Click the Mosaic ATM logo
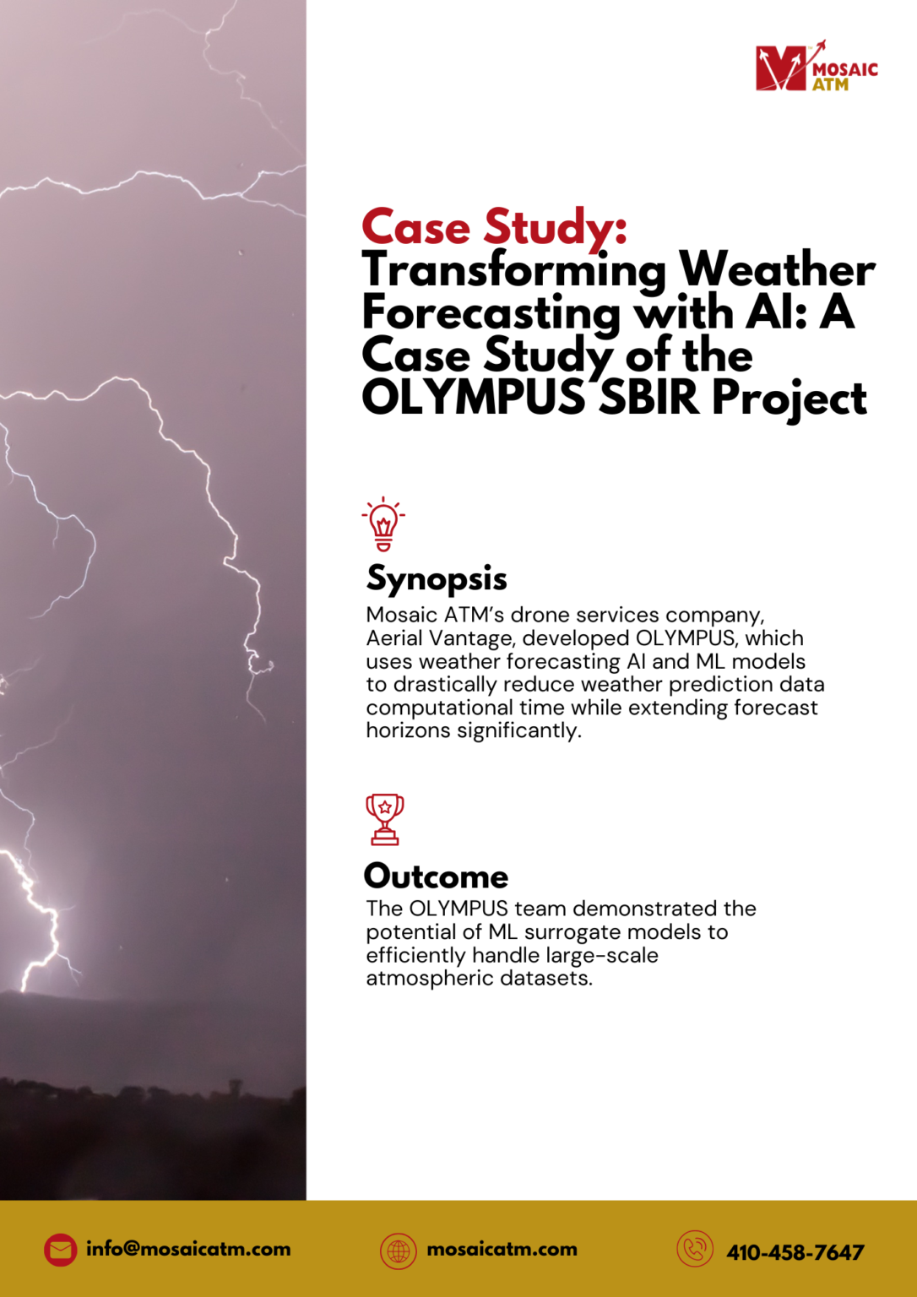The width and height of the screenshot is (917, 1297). (816, 68)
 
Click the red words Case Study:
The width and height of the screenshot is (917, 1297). (494, 228)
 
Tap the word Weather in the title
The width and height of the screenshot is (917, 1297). (777, 270)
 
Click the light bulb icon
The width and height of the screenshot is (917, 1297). (383, 524)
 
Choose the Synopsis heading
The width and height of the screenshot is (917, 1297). (437, 578)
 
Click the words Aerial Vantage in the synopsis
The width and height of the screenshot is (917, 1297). (438, 638)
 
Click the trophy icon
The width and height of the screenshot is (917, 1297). (385, 819)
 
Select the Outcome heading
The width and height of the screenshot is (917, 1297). (436, 876)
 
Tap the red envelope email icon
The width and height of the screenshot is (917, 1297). (60, 1251)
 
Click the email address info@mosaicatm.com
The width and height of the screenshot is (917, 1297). (188, 1250)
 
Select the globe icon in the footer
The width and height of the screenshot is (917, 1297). (399, 1251)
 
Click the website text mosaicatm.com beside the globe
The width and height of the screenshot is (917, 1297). (502, 1250)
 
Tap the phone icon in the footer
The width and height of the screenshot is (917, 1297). (695, 1250)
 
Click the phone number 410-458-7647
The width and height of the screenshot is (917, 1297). (795, 1252)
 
